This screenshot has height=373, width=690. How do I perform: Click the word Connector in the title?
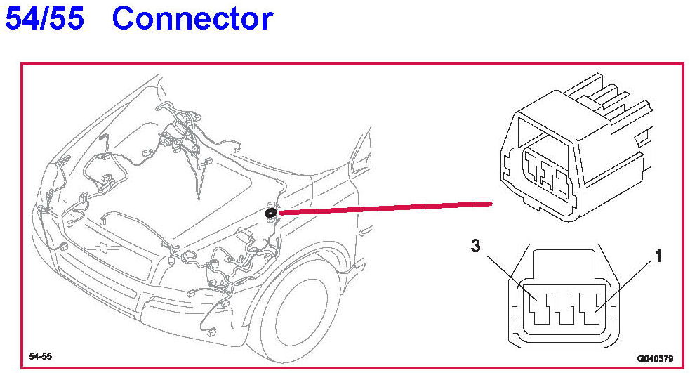[x=192, y=19]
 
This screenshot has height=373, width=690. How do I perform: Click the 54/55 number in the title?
[x=44, y=19]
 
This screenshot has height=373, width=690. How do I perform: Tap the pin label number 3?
[x=477, y=246]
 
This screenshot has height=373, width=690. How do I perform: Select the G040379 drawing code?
[x=655, y=358]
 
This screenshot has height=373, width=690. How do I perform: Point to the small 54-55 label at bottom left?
[x=40, y=357]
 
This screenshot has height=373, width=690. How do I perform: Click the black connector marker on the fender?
[x=271, y=211]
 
